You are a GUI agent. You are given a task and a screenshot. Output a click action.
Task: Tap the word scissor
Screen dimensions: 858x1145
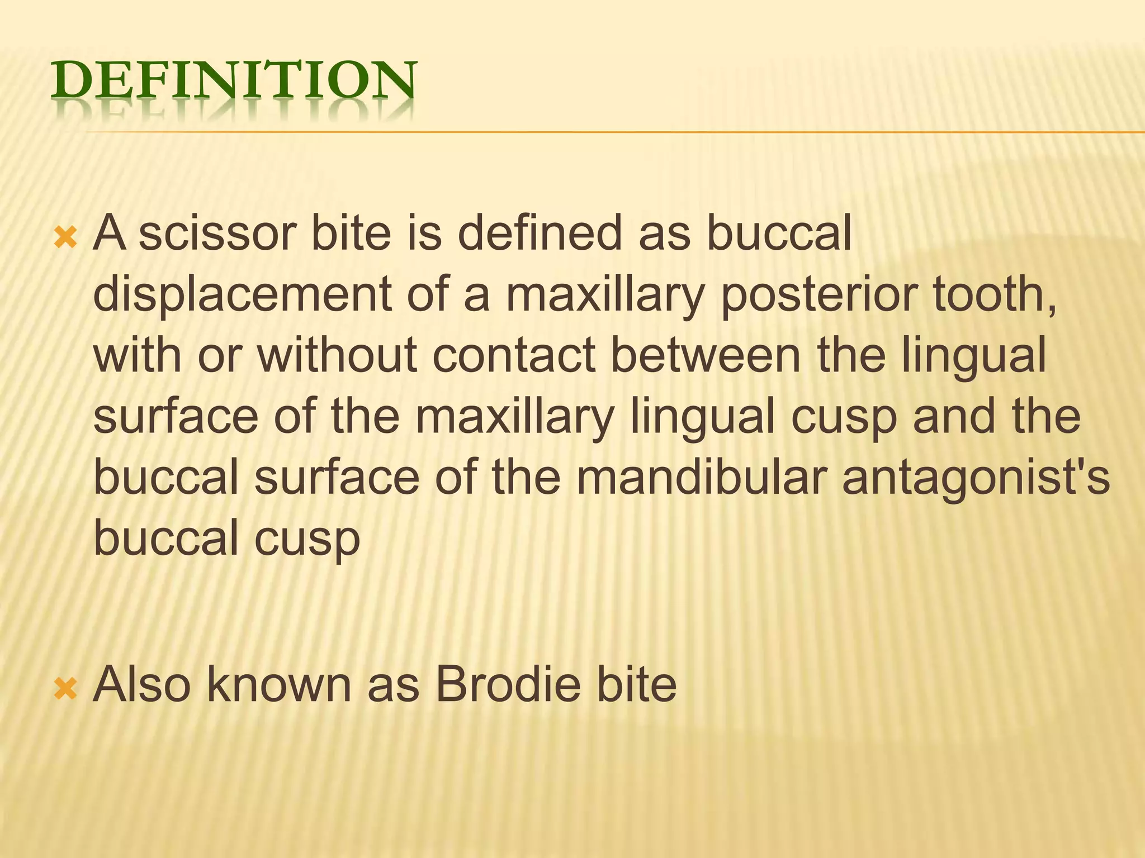pyautogui.click(x=217, y=233)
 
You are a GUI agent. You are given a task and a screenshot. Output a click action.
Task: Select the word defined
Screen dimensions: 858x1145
pyautogui.click(x=540, y=233)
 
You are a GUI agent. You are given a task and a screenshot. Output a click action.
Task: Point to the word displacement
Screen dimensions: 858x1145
pyautogui.click(x=242, y=294)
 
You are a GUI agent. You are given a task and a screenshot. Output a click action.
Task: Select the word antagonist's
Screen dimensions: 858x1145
pyautogui.click(x=976, y=478)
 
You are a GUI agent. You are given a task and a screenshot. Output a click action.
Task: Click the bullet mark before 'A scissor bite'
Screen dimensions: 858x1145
pyautogui.click(x=66, y=237)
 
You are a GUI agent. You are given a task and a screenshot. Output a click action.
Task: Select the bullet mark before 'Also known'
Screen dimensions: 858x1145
pyautogui.click(x=66, y=689)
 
